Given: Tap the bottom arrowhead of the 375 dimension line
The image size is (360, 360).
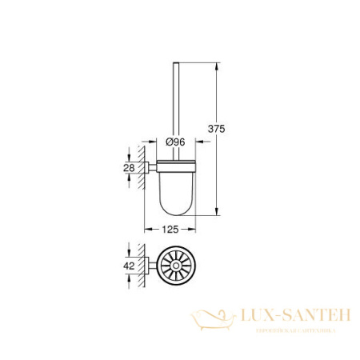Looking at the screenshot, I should tap(215, 215).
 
